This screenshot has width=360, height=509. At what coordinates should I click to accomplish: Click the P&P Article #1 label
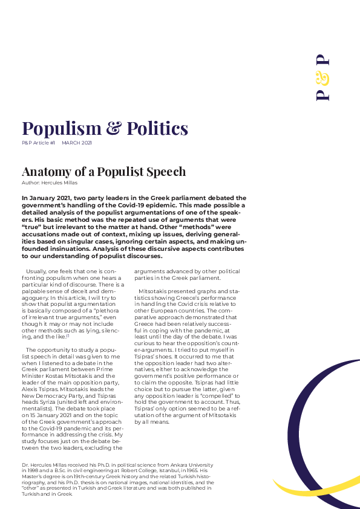[x=39, y=143]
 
